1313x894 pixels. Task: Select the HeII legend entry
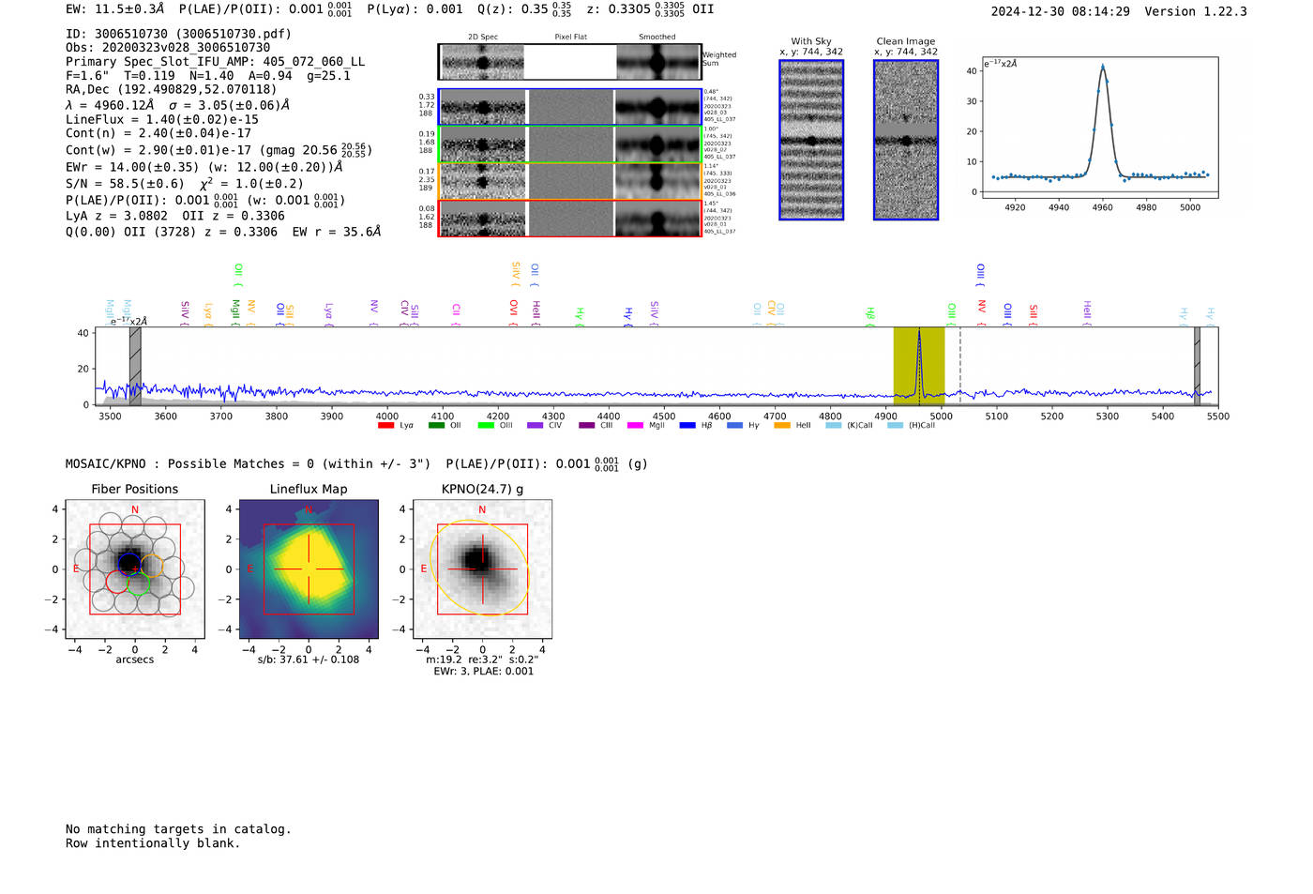(803, 426)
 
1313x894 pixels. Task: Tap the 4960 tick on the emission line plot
(1102, 207)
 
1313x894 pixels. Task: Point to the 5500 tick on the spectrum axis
(1217, 417)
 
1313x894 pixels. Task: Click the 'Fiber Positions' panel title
(134, 489)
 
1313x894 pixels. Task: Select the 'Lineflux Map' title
(308, 489)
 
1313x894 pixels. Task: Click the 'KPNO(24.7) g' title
(482, 489)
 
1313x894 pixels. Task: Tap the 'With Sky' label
(811, 41)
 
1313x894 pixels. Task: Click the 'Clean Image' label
(905, 41)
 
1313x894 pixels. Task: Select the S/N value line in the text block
(184, 184)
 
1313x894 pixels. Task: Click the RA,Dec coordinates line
(171, 90)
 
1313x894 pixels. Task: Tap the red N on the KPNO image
(482, 510)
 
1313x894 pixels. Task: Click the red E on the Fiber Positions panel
(77, 569)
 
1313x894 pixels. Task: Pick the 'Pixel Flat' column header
(570, 38)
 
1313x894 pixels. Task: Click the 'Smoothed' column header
(656, 38)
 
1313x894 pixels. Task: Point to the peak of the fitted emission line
(1102, 66)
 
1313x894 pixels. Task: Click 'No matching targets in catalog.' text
(178, 829)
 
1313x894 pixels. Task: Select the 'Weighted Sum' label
(718, 59)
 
